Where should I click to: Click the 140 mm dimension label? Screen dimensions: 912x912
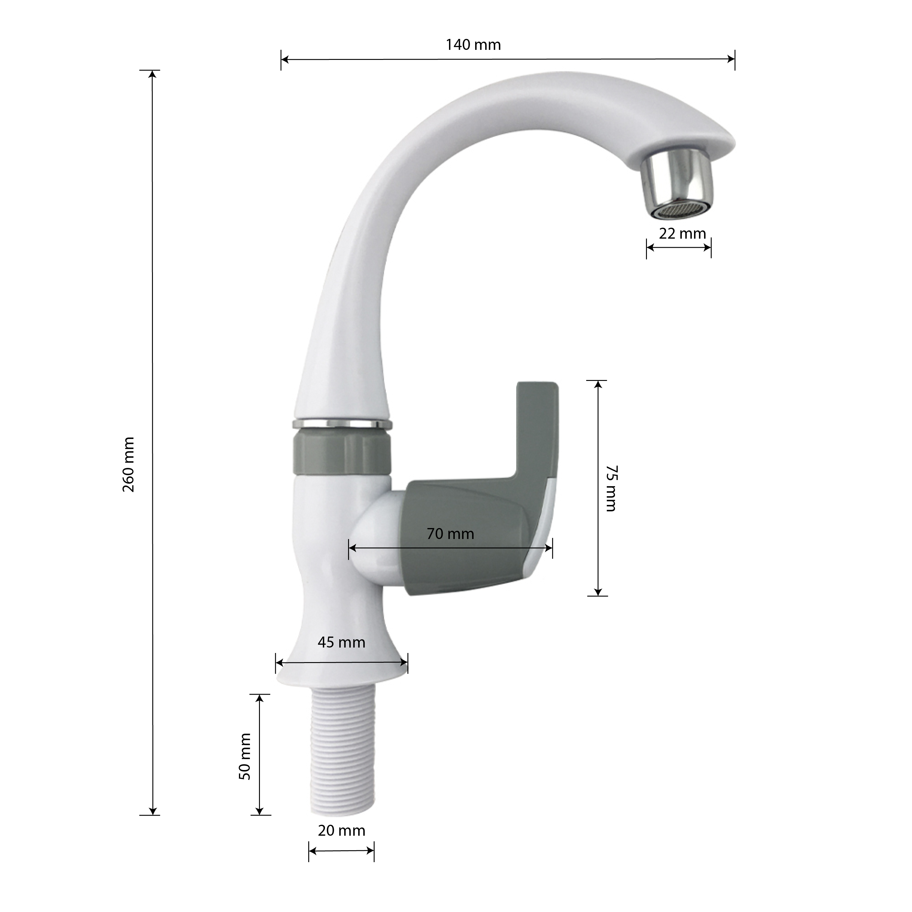473,45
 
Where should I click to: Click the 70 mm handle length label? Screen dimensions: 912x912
450,534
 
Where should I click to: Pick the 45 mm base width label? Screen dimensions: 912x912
341,642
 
